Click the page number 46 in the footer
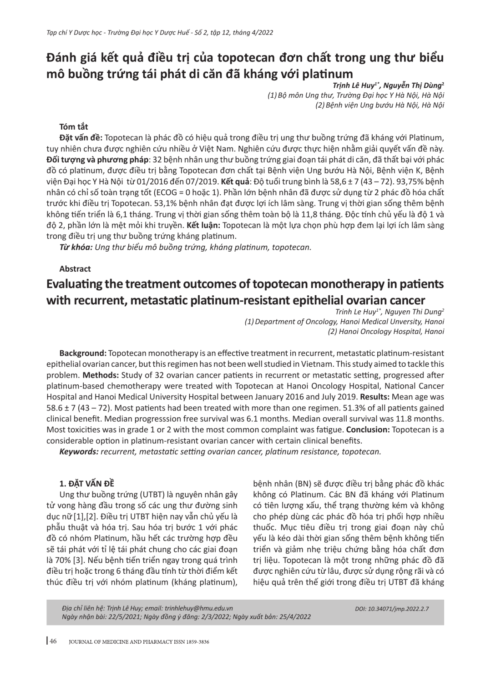click(x=53, y=641)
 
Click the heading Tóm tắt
click(x=74, y=126)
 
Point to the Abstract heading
click(x=75, y=269)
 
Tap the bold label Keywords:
click(x=79, y=451)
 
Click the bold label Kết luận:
click(x=203, y=225)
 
